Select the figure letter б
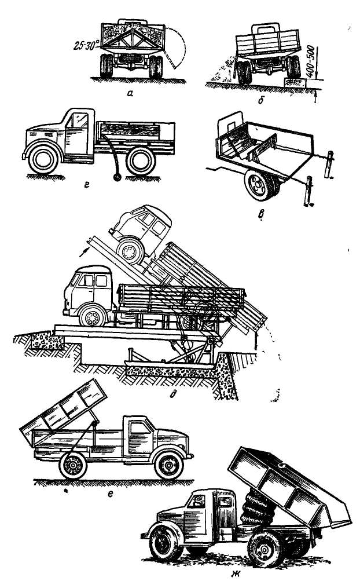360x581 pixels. (261, 100)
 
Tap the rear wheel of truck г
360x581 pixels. (141, 161)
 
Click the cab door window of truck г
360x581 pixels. (80, 120)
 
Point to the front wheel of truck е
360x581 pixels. (169, 463)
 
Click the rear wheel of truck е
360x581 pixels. (73, 465)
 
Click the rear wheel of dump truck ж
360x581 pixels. (265, 549)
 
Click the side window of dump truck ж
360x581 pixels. (196, 501)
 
